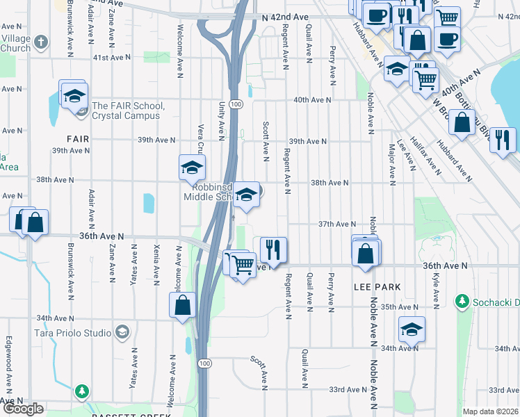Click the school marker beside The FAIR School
pyautogui.click(x=72, y=96)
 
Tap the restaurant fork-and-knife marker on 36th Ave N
pyautogui.click(x=273, y=250)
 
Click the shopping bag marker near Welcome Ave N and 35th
pyautogui.click(x=182, y=305)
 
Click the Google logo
pyautogui.click(x=24, y=409)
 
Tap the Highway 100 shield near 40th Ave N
pyautogui.click(x=237, y=104)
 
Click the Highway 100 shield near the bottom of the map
pyautogui.click(x=204, y=363)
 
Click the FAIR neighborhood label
pyautogui.click(x=78, y=139)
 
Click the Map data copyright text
pyautogui.click(x=491, y=411)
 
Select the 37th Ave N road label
pyautogui.click(x=336, y=224)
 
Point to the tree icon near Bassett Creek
pyautogui.click(x=82, y=392)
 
